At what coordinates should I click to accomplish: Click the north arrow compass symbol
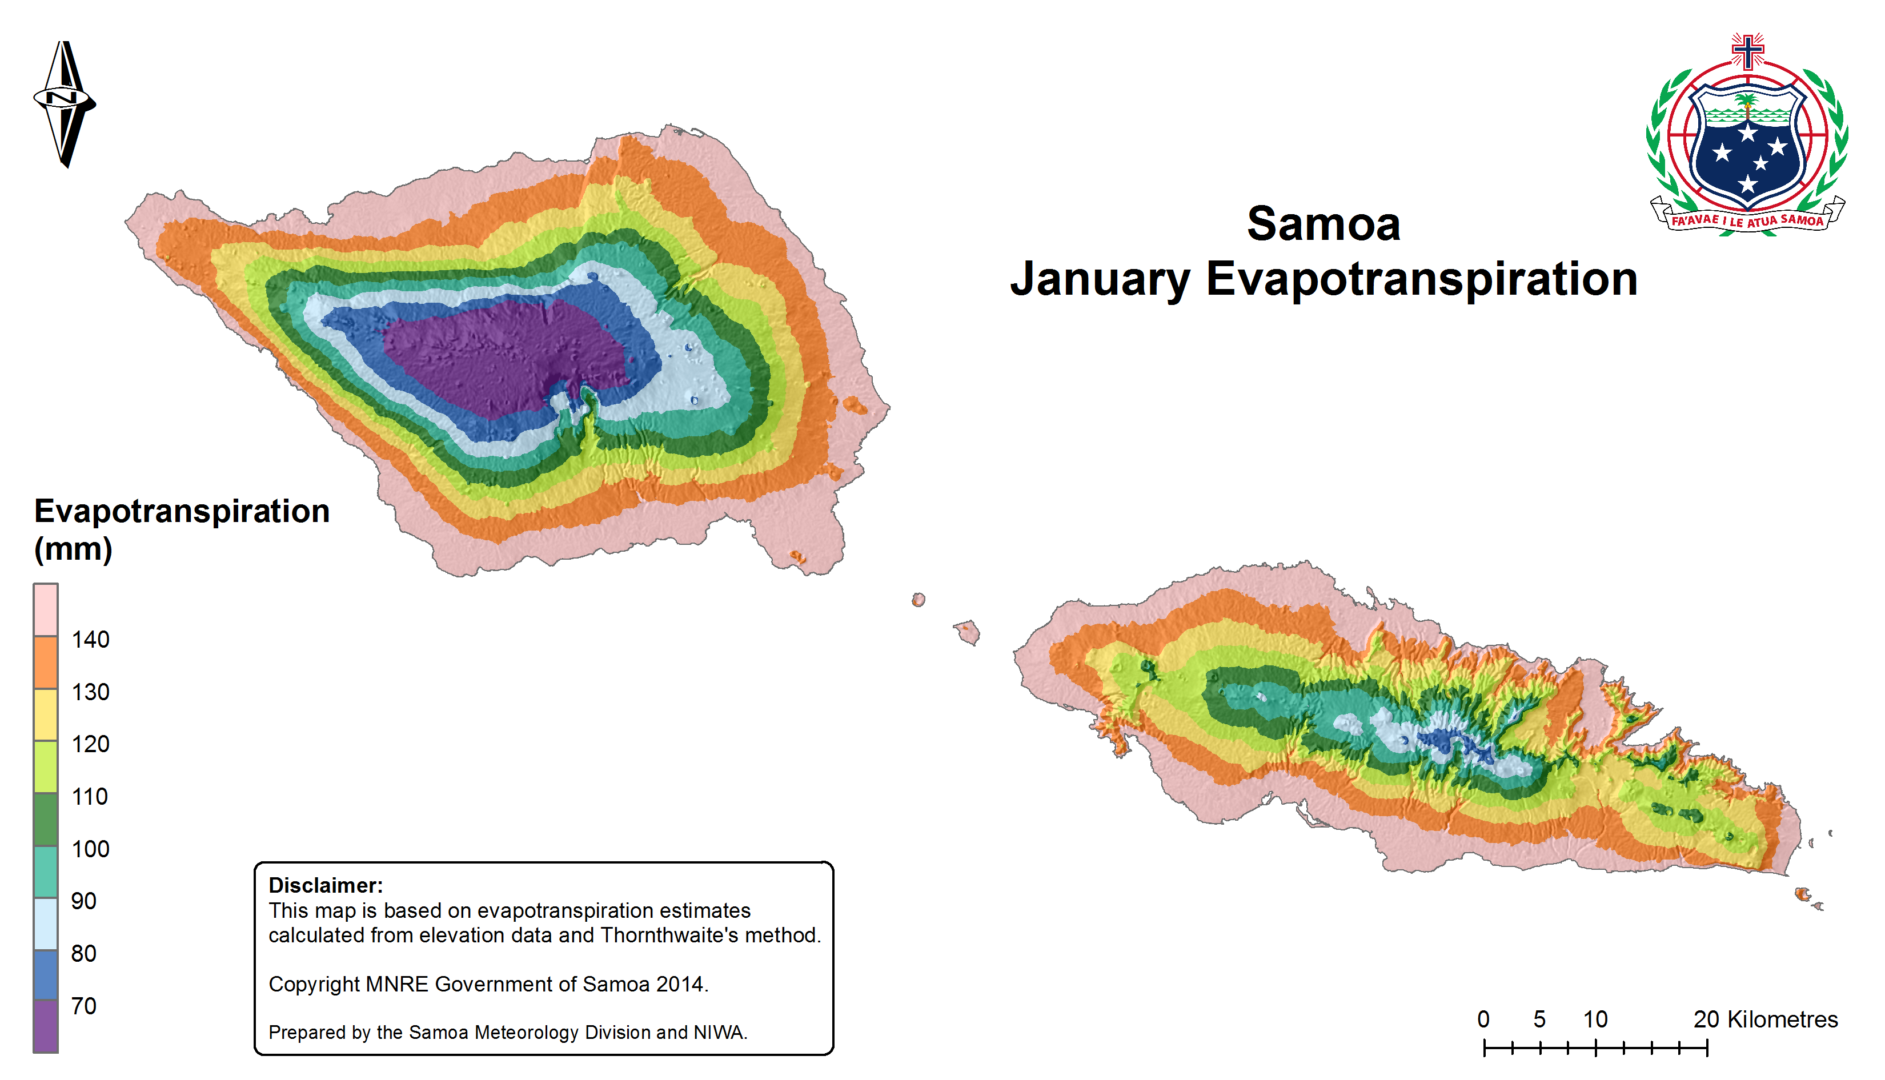tap(65, 104)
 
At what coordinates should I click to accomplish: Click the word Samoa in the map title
tap(1323, 223)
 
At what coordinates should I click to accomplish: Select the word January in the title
tap(1100, 280)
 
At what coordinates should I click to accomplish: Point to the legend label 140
tap(90, 640)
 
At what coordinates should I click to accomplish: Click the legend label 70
tap(84, 1006)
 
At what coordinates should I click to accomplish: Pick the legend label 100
tap(90, 849)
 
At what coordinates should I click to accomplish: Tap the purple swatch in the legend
tap(46, 1026)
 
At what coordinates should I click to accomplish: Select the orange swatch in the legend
tap(46, 663)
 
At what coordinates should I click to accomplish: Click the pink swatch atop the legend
tap(46, 610)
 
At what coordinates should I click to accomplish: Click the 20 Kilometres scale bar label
tap(1766, 1019)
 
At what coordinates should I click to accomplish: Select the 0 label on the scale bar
tap(1483, 1019)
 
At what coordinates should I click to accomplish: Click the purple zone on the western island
tap(504, 356)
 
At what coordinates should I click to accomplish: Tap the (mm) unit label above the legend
tap(74, 549)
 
